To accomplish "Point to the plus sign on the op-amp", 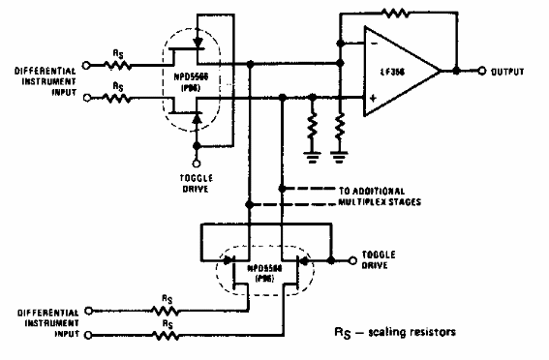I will pyautogui.click(x=371, y=97).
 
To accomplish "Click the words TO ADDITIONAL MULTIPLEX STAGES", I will pyautogui.click(x=354, y=196).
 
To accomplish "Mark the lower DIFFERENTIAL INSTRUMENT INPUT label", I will pyautogui.click(x=43, y=322).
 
